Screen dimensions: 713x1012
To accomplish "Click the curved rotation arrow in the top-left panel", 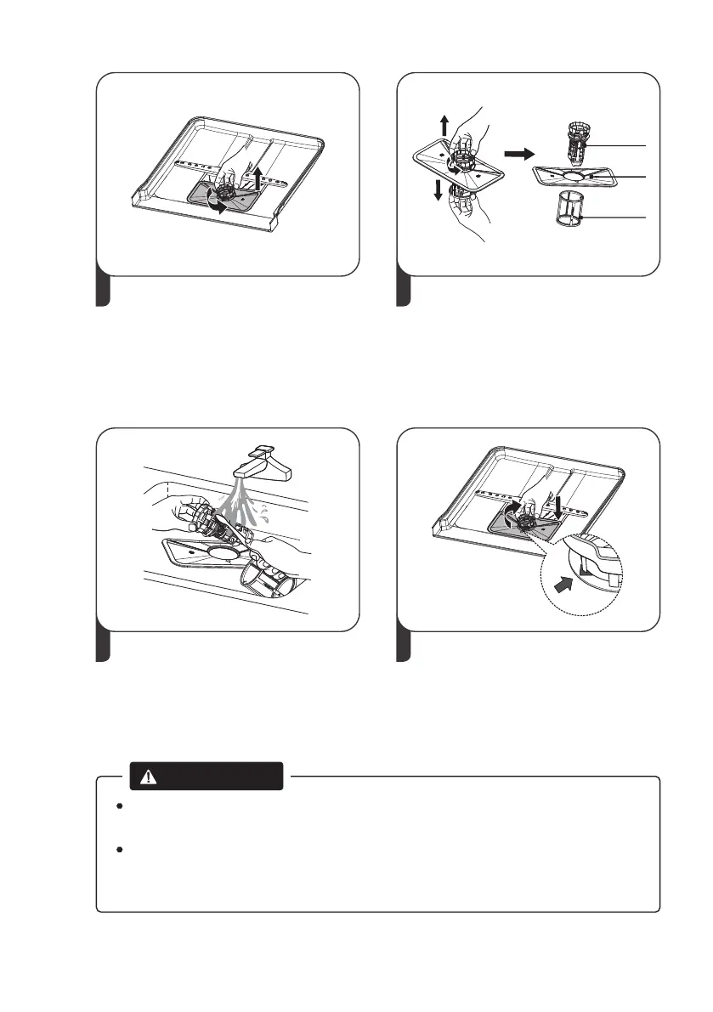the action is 212,204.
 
